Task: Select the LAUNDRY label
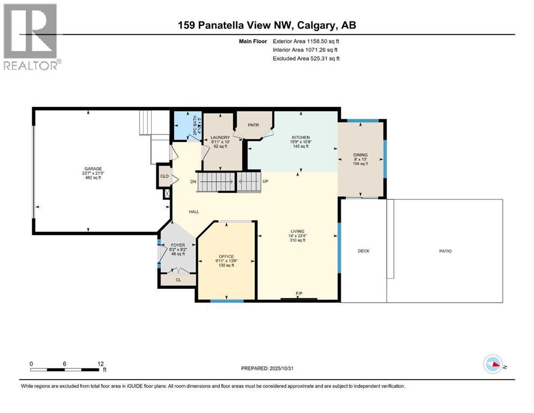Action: pos(220,137)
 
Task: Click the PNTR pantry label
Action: pos(254,124)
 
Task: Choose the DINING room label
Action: pos(361,155)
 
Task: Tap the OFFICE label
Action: pos(226,257)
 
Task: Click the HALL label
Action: pos(194,212)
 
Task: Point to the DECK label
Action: pos(364,251)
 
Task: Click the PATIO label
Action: pos(445,251)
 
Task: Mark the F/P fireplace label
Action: pos(300,294)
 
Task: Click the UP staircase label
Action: pos(265,182)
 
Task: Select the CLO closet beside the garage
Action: pos(164,176)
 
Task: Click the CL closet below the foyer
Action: pos(179,280)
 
